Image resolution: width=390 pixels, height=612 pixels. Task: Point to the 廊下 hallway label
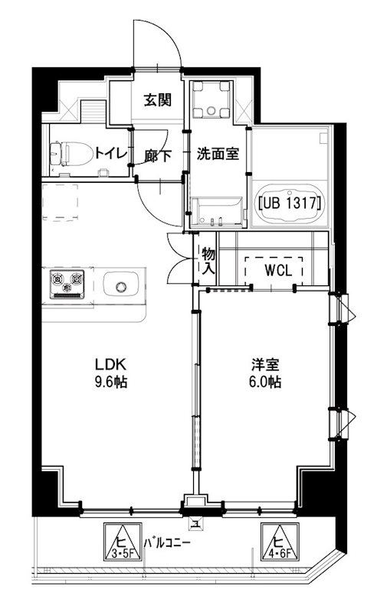click(x=157, y=155)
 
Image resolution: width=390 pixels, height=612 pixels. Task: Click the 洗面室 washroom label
click(x=217, y=153)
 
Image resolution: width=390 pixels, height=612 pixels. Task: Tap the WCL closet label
click(x=274, y=270)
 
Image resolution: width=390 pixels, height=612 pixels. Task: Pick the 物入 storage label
click(x=207, y=260)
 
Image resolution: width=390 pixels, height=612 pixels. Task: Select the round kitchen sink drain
click(x=121, y=288)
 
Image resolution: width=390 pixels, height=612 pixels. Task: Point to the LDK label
click(x=108, y=363)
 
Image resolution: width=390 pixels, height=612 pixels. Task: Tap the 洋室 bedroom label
click(x=264, y=364)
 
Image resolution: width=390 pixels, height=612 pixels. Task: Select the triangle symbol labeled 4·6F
click(x=279, y=542)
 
